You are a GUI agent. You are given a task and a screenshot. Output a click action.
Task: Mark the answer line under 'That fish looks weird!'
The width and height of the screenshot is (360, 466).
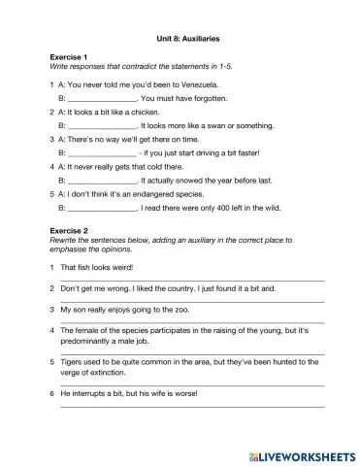pos(192,280)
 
